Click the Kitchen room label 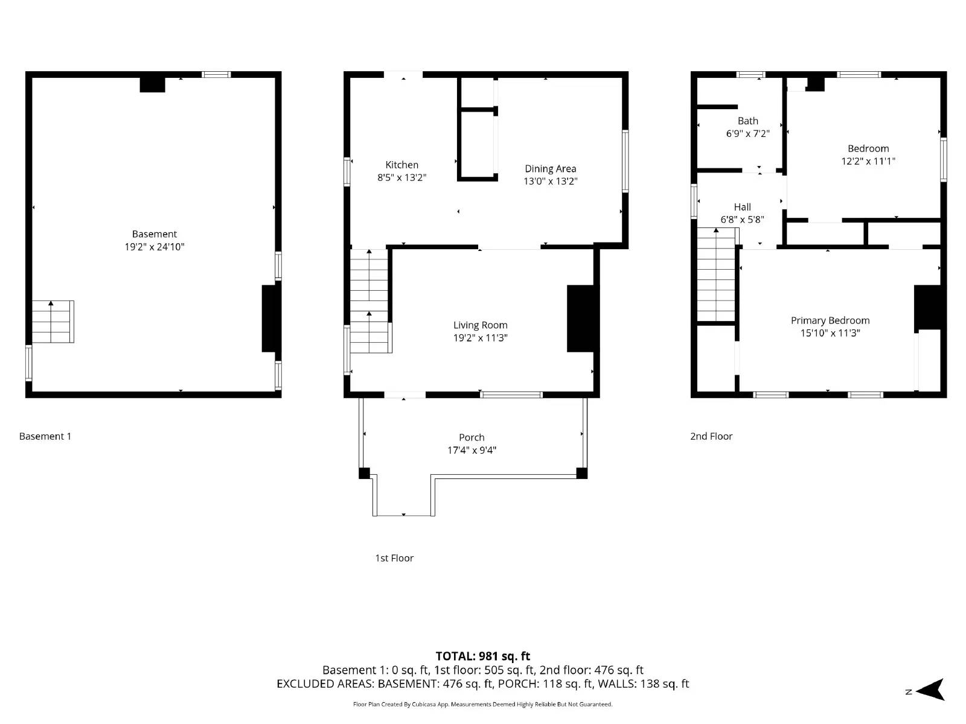tap(401, 165)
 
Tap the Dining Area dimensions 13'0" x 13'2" tap(550, 181)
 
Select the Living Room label tap(480, 325)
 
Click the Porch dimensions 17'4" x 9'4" tap(472, 450)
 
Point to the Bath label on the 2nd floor tap(747, 121)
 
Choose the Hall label tap(742, 207)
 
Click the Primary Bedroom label tap(830, 320)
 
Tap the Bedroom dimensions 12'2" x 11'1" tap(868, 161)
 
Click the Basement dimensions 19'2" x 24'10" tap(155, 247)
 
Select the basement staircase tap(53, 322)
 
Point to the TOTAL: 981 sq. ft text tap(482, 656)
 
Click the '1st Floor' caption tap(394, 558)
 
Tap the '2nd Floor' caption tap(711, 436)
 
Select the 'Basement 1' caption tap(45, 436)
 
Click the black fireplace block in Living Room tap(581, 318)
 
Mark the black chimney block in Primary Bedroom tap(927, 307)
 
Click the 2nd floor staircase tap(716, 275)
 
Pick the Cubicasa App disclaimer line tap(482, 704)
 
